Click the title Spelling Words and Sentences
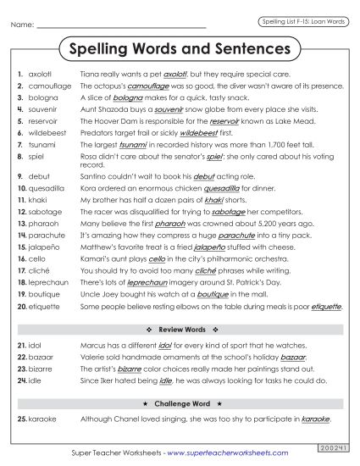click(179, 49)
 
